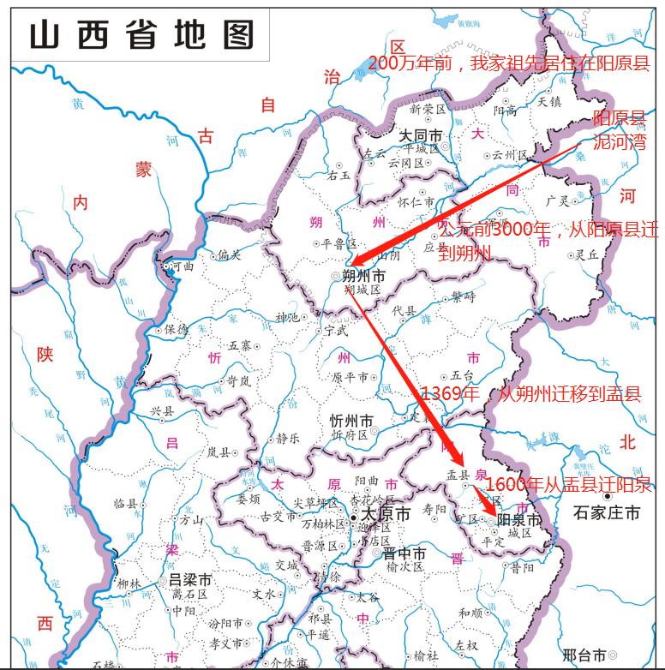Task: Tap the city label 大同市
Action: (x=421, y=136)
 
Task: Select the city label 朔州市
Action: (x=363, y=276)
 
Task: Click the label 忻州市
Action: (x=351, y=421)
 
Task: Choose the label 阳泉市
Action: (x=519, y=520)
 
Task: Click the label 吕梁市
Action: (x=189, y=580)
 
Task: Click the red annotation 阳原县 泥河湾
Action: (x=619, y=130)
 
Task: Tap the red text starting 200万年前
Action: (x=509, y=64)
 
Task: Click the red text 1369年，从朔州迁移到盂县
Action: (x=530, y=395)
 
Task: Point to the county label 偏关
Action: (x=229, y=254)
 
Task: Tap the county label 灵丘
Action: (x=586, y=254)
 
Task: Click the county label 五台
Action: (x=462, y=375)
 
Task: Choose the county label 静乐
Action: (x=288, y=438)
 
